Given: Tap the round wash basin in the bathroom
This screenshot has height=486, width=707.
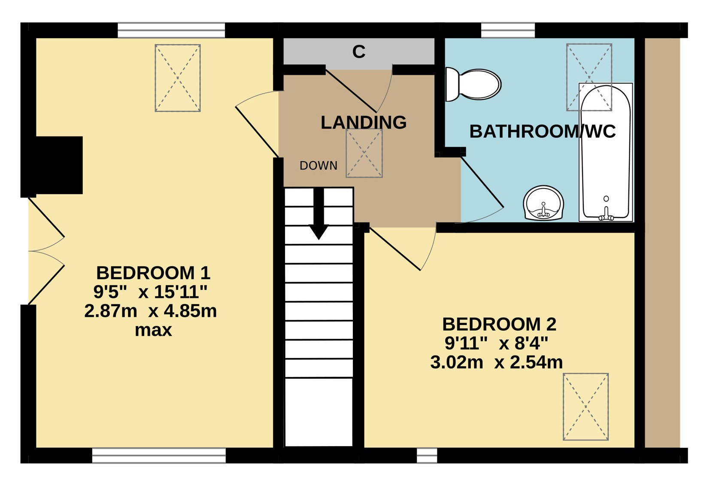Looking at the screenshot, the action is [x=543, y=203].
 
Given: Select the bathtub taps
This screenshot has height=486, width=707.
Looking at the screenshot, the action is [x=606, y=215].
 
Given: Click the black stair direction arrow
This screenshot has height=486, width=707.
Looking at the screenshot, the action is [x=319, y=214].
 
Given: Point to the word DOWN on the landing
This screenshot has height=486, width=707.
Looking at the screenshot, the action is [x=319, y=166].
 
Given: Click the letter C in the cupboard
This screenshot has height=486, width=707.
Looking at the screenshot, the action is [x=359, y=52].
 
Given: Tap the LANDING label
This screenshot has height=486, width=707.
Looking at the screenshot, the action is [x=364, y=122].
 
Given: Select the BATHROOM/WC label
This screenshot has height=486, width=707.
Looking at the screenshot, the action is [x=543, y=131].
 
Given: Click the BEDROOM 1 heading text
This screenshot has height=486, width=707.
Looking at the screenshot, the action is [x=153, y=273].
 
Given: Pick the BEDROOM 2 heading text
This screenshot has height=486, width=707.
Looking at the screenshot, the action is [x=499, y=324].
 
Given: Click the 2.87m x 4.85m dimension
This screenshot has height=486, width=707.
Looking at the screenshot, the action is [x=151, y=311].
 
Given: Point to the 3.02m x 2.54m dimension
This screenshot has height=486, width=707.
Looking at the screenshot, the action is [x=497, y=362].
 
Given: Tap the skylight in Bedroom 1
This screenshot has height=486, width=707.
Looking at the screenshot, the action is [x=178, y=78].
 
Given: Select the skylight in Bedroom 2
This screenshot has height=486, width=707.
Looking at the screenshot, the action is [x=586, y=407].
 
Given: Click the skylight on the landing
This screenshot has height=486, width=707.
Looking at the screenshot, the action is [x=364, y=153].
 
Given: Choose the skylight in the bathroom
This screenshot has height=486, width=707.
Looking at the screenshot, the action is [x=589, y=77].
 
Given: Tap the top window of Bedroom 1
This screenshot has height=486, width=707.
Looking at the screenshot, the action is [x=171, y=30].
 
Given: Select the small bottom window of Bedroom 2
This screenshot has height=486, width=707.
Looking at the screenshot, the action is [x=427, y=456].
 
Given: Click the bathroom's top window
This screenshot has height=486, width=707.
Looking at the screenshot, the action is [x=508, y=30].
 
